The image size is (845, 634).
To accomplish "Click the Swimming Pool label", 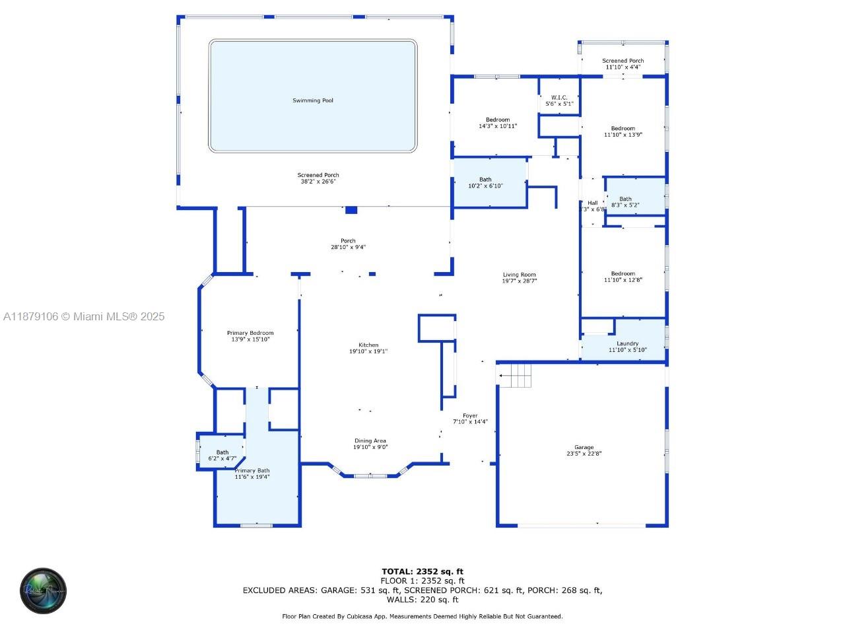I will (313, 100).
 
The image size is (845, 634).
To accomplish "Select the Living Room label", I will (519, 275).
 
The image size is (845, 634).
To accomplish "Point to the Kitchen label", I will (368, 345).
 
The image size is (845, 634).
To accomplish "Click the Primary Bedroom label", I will (250, 333).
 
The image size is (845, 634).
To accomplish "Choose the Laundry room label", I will (627, 343).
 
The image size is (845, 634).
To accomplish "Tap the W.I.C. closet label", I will (559, 98).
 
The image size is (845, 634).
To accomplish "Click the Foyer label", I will (470, 416).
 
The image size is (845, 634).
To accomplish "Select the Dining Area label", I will (370, 440).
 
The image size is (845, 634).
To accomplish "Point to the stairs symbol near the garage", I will (515, 376).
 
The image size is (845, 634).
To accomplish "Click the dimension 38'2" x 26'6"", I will (318, 182).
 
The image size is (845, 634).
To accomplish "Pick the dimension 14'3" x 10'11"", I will (498, 126).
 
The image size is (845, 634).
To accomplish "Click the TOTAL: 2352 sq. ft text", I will (422, 571).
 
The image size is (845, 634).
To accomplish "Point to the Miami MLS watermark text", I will (84, 317).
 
